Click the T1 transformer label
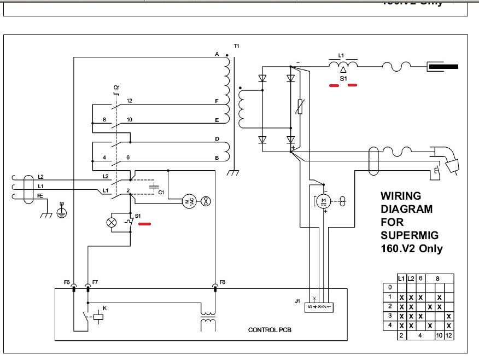click(236, 46)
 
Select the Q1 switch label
click(116, 87)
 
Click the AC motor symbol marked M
click(189, 201)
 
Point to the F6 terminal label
click(67, 282)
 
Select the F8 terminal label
click(222, 282)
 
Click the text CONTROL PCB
click(272, 330)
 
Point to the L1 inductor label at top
click(341, 56)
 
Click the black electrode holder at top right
click(443, 67)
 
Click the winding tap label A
click(217, 55)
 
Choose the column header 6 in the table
click(420, 278)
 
